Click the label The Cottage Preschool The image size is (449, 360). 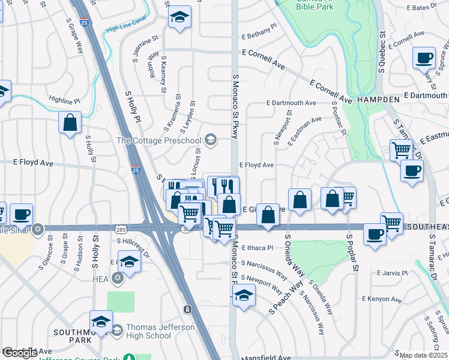tap(158, 140)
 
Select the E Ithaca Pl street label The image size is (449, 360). tap(257, 247)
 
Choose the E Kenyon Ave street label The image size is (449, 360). tap(382, 299)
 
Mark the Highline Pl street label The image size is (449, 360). tap(64, 101)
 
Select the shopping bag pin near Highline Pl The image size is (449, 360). tap(70, 122)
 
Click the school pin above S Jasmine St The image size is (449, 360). tap(178, 18)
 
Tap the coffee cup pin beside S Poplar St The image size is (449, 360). tap(375, 234)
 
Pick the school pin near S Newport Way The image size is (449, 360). tap(244, 295)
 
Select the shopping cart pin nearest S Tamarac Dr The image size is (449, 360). tap(400, 149)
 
